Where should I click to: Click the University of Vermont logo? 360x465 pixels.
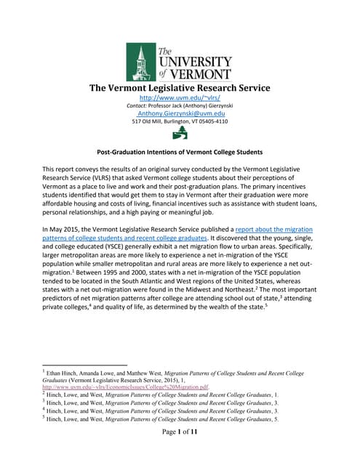(x=179, y=61)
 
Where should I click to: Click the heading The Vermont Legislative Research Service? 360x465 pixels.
(x=180, y=88)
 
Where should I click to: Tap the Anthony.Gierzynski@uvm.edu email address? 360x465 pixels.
(x=180, y=113)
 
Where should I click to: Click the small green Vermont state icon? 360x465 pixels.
(x=179, y=134)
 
